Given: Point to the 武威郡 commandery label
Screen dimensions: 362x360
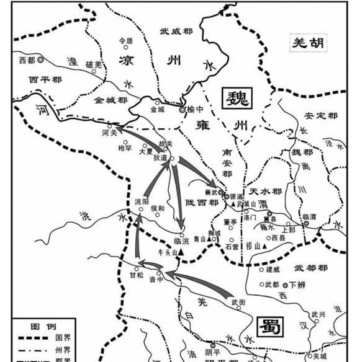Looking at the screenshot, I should pyautogui.click(x=175, y=30).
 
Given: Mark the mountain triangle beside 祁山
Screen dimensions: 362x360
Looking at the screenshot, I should pyautogui.click(x=264, y=247).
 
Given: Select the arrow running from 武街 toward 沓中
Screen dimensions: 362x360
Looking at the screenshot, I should pyautogui.click(x=199, y=282).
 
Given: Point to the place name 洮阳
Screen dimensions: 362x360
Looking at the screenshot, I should pyautogui.click(x=142, y=202).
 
